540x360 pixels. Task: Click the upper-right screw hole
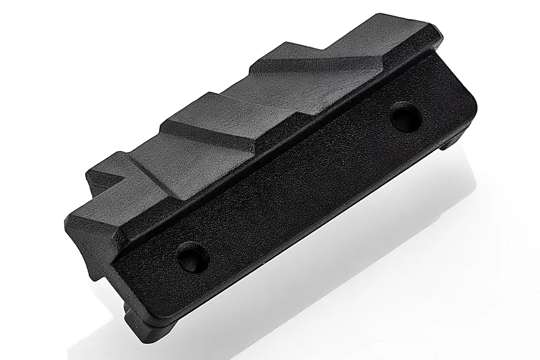(x=406, y=116)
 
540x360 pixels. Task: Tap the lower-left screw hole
(x=193, y=257)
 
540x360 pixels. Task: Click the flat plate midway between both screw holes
(x=300, y=186)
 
